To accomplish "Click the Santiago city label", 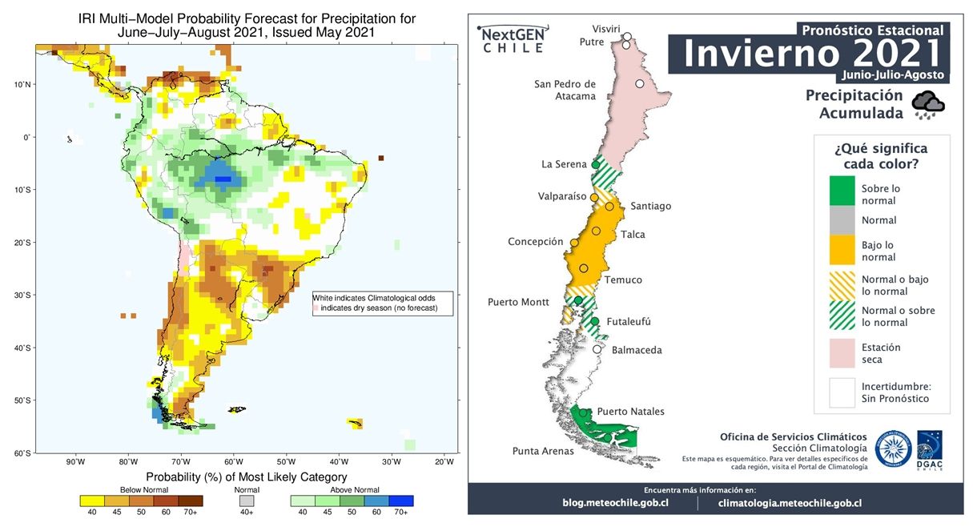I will point(650,206).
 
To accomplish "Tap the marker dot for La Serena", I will point(596,165).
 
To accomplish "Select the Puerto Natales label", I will point(630,412).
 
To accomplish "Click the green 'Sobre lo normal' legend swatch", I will point(841,194).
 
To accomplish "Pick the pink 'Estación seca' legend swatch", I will point(841,353).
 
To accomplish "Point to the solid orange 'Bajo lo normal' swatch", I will point(841,251).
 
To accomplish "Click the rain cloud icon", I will point(929,105).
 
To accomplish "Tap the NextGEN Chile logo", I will point(513,39).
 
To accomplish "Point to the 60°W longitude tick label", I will point(233,461).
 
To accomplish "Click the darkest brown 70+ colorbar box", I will point(191,501).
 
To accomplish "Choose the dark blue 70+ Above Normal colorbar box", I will point(400,501).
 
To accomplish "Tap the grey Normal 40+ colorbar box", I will point(247,501).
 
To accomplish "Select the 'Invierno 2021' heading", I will point(810,53).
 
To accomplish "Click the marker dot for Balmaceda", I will point(597,349).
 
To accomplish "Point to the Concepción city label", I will point(536,242).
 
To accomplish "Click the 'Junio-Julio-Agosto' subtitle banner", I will point(892,74).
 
